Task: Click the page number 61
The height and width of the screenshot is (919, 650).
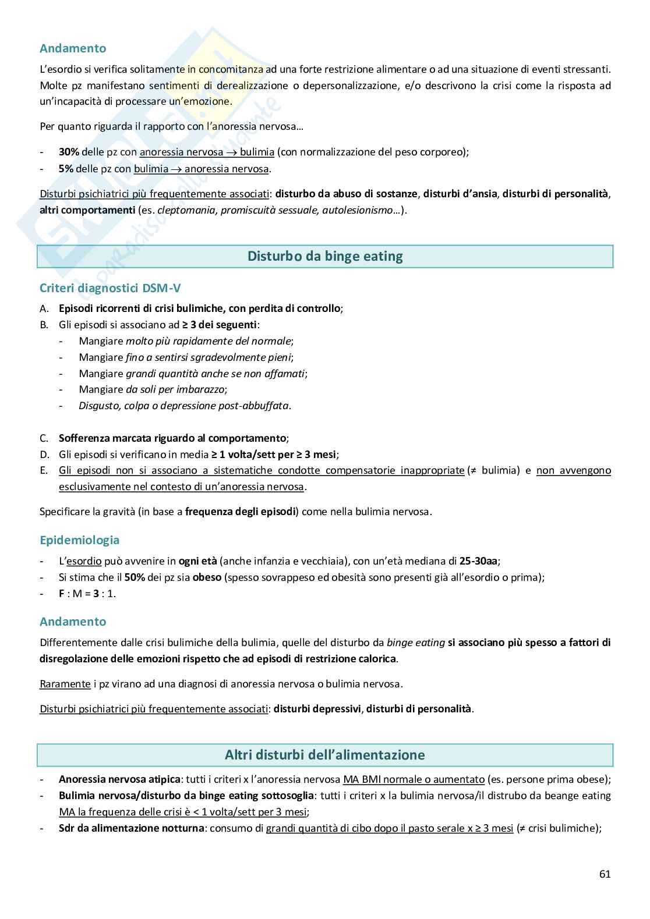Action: click(605, 874)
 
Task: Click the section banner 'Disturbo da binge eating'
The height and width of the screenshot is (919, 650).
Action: click(325, 256)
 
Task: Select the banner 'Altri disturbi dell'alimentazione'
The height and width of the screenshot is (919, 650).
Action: click(325, 755)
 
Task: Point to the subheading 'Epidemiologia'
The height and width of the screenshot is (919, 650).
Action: click(79, 540)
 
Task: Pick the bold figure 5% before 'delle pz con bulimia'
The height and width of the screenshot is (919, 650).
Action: click(66, 169)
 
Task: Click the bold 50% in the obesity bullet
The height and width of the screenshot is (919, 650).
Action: click(134, 577)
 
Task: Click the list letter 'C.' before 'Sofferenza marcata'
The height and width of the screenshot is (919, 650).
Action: click(44, 438)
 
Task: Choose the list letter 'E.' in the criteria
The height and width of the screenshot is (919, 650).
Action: click(44, 470)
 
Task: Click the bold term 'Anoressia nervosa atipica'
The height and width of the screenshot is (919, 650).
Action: click(119, 779)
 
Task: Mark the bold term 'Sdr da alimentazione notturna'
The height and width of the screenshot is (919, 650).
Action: click(130, 828)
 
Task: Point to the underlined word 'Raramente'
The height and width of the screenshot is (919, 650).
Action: click(65, 684)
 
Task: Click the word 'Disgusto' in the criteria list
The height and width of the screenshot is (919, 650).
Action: click(99, 406)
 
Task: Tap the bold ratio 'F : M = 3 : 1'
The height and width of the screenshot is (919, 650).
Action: click(87, 594)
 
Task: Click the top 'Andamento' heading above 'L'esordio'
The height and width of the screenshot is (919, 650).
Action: click(72, 48)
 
